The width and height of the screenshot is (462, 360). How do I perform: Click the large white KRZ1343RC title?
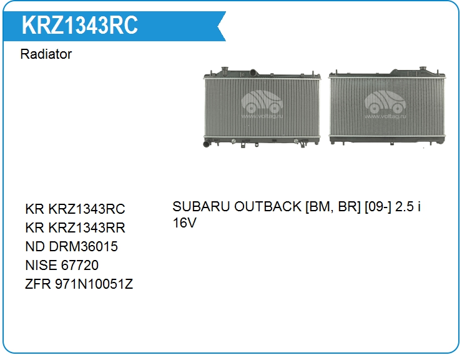[x=79, y=25]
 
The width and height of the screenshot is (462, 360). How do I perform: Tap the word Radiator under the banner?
[x=46, y=54]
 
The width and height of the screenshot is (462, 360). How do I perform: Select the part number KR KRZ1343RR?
[x=75, y=227]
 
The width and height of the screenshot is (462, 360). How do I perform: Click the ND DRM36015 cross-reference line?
[x=72, y=246]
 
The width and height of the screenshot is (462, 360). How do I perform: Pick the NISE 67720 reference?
[x=62, y=265]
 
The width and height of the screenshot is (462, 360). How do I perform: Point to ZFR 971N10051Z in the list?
[x=79, y=284]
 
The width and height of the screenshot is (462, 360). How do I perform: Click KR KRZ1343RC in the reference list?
[x=75, y=209]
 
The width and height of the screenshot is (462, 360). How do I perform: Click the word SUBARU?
[x=201, y=206]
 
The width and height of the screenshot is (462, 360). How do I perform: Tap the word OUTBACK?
[x=268, y=206]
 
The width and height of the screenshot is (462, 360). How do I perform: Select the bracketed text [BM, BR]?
[x=333, y=206]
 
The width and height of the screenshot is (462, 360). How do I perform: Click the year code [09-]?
[x=378, y=206]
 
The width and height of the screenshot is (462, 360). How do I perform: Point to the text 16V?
[x=184, y=222]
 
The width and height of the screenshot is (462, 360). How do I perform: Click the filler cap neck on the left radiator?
[x=225, y=70]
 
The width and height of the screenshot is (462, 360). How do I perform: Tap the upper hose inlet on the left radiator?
[x=253, y=72]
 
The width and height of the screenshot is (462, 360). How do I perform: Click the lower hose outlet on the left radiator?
[x=207, y=144]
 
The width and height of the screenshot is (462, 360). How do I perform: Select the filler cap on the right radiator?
[x=423, y=69]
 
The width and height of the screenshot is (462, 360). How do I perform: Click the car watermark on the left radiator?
[x=262, y=102]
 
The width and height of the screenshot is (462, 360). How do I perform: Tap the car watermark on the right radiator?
[x=385, y=102]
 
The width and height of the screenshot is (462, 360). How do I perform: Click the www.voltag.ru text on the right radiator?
[x=385, y=116]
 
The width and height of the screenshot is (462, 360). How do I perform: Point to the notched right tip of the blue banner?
[x=218, y=26]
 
